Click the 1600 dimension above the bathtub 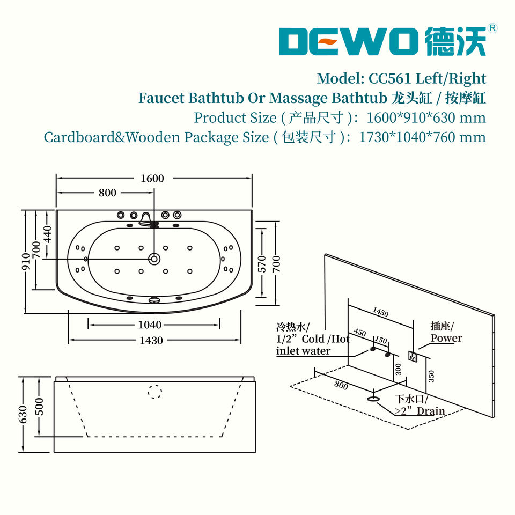tap(152, 178)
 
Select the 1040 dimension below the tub tap(150, 325)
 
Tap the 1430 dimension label tap(151, 340)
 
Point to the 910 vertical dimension tap(26, 262)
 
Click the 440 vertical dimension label tap(48, 234)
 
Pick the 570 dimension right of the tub tap(262, 264)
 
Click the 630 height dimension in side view tap(23, 415)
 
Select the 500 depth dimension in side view tap(39, 407)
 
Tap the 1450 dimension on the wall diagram tap(381, 312)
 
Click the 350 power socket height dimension tap(431, 376)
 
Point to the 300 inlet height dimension tap(398, 369)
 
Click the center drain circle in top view tap(154, 259)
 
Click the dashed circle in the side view tap(154, 392)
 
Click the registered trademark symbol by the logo tap(492, 28)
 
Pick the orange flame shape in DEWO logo tap(329, 41)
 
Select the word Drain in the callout tap(431, 411)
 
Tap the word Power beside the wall tap(446, 338)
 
